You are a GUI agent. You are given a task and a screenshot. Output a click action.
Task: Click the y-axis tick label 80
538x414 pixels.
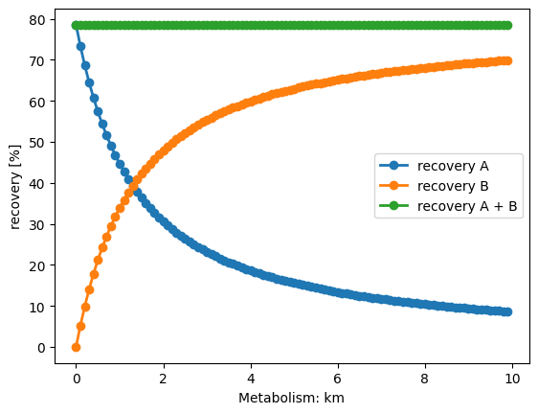tap(37, 20)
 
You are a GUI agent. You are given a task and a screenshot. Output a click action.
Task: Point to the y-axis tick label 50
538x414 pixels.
tap(37, 143)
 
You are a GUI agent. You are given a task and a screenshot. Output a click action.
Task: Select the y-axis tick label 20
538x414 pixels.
tap(37, 265)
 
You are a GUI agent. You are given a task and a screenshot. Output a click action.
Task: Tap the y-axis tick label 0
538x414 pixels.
tap(41, 348)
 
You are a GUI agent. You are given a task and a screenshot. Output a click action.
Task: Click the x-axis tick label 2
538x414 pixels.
tap(164, 379)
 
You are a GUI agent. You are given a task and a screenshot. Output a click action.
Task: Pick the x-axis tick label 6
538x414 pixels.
tap(338, 379)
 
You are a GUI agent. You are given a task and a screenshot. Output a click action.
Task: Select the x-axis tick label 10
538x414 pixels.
tap(512, 379)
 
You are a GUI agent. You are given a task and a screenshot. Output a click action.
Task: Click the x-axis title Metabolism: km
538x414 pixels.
tap(291, 398)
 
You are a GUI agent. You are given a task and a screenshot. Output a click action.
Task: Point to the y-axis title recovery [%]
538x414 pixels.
tap(14, 187)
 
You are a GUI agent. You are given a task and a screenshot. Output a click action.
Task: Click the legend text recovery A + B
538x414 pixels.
tap(467, 206)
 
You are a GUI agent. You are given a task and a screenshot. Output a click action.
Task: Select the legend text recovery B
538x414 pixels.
tap(453, 186)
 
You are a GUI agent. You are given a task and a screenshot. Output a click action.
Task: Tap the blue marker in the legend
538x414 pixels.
tap(393, 166)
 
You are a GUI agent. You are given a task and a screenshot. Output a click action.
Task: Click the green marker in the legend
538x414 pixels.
tap(393, 206)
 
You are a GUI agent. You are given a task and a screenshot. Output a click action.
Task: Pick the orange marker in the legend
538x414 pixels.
tap(393, 186)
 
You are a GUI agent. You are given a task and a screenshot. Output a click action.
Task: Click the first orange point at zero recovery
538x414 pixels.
tap(77, 347)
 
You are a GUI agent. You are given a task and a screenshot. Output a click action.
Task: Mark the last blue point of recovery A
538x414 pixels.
tap(507, 312)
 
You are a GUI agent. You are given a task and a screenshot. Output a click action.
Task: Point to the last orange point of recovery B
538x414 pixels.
tap(507, 60)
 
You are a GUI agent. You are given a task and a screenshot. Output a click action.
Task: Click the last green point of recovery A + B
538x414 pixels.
tap(507, 26)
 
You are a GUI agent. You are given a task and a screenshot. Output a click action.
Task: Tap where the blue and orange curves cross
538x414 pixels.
tap(134, 186)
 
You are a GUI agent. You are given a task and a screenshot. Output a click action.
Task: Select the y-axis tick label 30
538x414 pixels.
tap(37, 225)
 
